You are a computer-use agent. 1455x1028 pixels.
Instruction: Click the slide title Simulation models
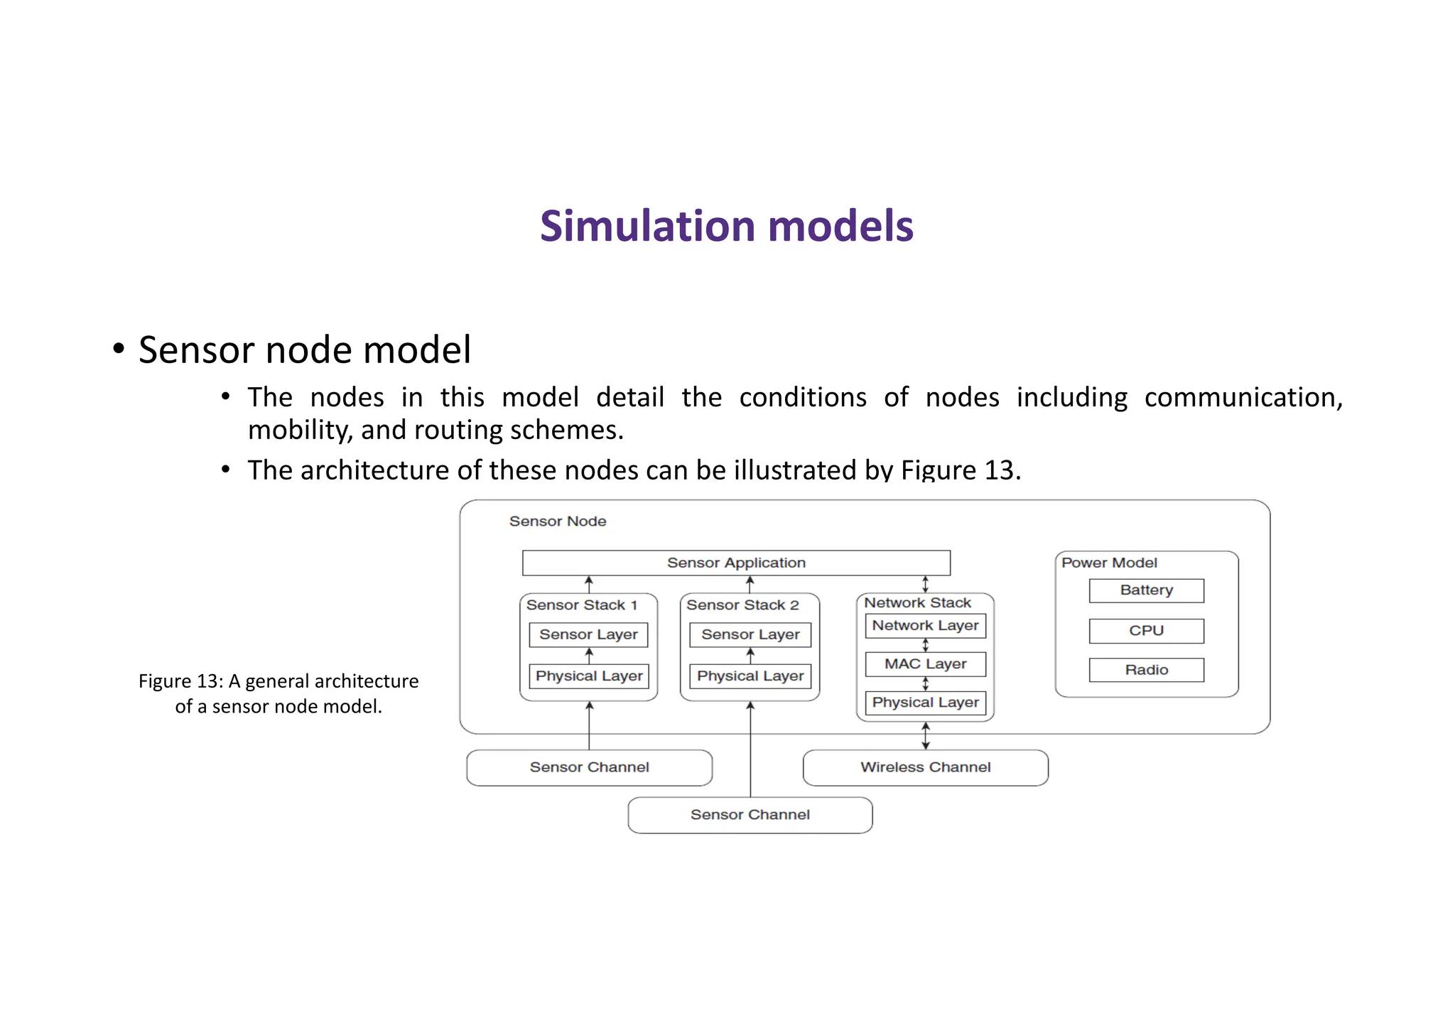tap(726, 226)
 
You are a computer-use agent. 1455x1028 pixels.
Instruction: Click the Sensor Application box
tap(736, 563)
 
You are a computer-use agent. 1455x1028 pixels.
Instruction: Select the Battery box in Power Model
tap(1146, 590)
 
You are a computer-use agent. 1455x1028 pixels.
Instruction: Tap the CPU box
tap(1146, 631)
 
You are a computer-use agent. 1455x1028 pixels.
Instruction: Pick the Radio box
tap(1146, 670)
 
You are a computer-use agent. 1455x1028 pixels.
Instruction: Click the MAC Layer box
tap(925, 664)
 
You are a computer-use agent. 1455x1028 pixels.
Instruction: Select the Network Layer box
tap(925, 626)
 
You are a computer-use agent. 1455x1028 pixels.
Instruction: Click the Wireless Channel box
tap(925, 767)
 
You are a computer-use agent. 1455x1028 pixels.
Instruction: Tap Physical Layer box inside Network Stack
tap(925, 703)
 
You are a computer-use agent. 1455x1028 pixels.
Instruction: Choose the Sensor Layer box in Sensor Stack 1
tap(588, 634)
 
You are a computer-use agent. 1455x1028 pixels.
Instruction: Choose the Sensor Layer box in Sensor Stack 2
tap(750, 634)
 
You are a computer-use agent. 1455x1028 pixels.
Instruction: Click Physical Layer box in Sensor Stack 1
tap(589, 676)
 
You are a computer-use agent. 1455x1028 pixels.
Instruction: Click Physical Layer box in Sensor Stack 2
tap(750, 676)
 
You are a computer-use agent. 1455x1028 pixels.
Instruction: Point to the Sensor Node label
tap(558, 521)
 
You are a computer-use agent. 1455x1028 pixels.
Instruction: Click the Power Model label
tap(1109, 563)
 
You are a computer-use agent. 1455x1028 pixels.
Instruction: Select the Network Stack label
tap(917, 602)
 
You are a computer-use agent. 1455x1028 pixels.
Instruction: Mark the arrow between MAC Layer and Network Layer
tap(925, 645)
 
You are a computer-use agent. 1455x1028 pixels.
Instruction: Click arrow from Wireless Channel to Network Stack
tap(925, 736)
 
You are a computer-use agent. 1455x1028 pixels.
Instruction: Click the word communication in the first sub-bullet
tap(1243, 397)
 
